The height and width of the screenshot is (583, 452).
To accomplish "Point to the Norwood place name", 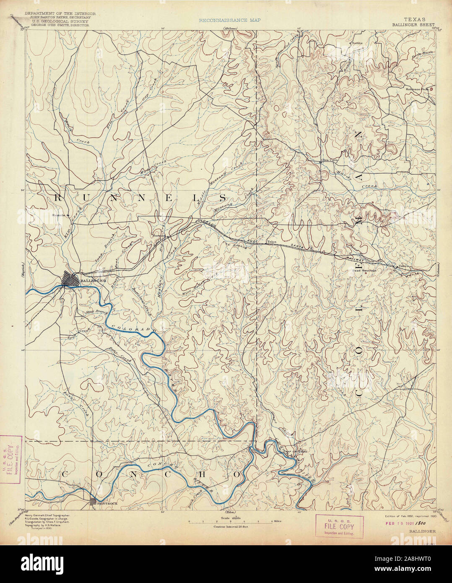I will pos(160,236).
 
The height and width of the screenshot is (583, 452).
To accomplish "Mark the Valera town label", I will pos(403,266).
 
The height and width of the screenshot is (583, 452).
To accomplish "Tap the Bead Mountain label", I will pos(364,271).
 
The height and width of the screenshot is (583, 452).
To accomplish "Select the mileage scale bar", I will pos(231,521).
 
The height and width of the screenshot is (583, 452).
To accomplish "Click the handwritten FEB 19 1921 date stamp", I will pos(398,523).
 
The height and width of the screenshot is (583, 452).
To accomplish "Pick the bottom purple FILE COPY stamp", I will pos(339,526).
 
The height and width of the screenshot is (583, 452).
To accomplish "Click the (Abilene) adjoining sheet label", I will pos(230,28).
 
